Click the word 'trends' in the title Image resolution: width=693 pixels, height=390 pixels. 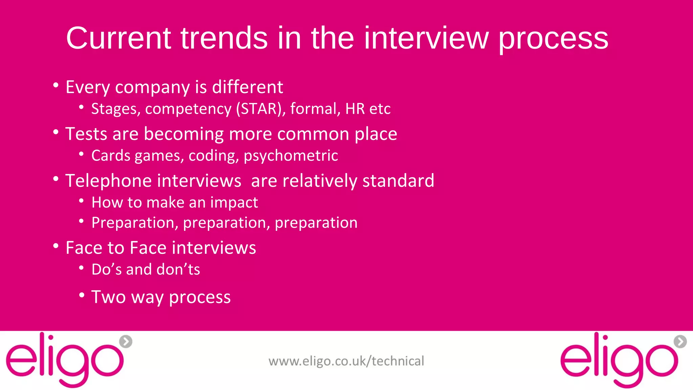coord(224,38)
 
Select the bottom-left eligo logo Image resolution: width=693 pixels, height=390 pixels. coord(64,360)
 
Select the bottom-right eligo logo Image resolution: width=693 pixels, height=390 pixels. coord(619,360)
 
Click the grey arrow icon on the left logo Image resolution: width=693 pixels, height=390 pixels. coord(126,342)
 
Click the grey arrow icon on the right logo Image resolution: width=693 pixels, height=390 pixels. coord(680,342)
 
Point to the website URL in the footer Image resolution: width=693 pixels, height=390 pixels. coord(346,361)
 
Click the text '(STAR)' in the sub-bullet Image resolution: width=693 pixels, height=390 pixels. coord(261,109)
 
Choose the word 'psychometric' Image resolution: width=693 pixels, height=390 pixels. coord(291,156)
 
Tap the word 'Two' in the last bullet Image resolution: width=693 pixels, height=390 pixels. coord(108,297)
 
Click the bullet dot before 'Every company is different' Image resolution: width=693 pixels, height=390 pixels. coord(56,85)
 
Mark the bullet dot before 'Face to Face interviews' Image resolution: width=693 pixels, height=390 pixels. coord(56,246)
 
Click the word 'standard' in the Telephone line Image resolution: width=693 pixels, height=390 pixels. coord(398,181)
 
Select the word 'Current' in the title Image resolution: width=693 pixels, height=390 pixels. coord(118,38)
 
